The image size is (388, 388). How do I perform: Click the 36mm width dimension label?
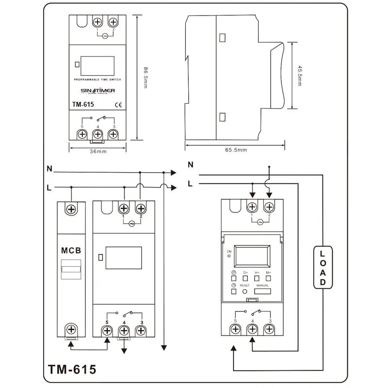point(98,152)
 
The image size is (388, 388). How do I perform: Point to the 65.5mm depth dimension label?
point(236,150)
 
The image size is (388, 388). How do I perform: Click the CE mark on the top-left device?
point(117,104)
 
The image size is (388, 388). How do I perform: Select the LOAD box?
point(323,268)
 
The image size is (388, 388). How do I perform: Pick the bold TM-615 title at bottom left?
point(72,370)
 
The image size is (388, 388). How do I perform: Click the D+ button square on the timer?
point(245,278)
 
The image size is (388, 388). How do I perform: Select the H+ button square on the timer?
point(257,278)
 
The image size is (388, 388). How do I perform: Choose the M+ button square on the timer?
point(268,278)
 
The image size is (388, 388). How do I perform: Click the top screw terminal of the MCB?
point(71,209)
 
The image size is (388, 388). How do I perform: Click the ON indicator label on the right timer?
point(228,252)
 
